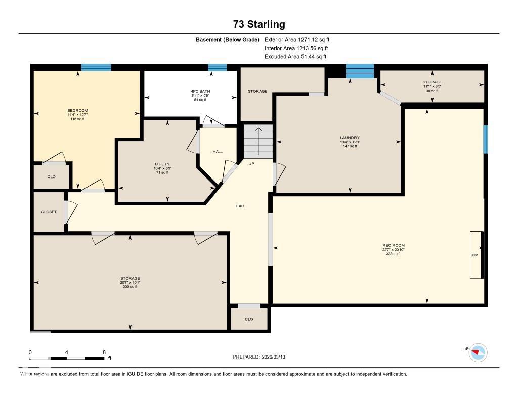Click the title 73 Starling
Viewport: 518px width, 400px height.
pos(259,24)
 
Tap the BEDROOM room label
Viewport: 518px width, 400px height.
pos(78,111)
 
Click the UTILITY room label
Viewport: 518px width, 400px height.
pos(162,164)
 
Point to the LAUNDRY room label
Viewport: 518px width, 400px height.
pos(350,138)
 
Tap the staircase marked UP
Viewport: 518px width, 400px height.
pos(258,142)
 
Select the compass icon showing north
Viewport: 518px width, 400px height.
pos(478,352)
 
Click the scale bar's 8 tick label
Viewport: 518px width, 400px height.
pos(104,352)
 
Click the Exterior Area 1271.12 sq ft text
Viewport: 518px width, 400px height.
pos(297,39)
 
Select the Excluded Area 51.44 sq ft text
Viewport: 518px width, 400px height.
pos(295,57)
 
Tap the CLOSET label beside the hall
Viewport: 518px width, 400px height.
pos(49,212)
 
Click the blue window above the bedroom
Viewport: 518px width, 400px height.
pos(96,67)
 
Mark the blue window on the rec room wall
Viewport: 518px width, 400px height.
pos(485,139)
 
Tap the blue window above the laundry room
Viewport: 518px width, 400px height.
pos(360,71)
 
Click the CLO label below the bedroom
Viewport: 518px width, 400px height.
pos(51,176)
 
